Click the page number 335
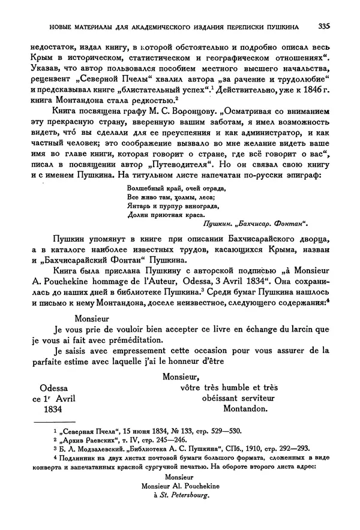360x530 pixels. (x=325, y=26)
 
